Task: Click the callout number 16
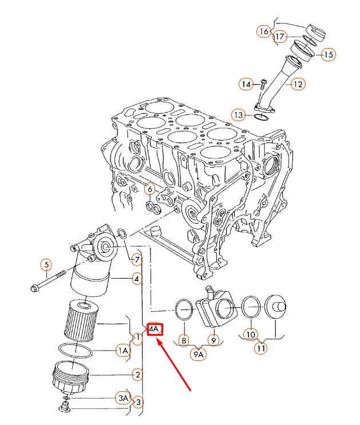click(263, 31)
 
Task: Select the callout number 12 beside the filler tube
click(298, 85)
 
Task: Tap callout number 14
click(246, 85)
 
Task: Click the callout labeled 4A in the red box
click(155, 329)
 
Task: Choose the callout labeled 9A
click(199, 354)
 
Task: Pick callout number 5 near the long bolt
click(46, 265)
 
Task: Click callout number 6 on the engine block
click(149, 189)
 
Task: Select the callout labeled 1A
click(123, 351)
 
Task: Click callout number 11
click(261, 347)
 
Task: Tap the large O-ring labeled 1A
click(74, 350)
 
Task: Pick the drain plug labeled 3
click(64, 408)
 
